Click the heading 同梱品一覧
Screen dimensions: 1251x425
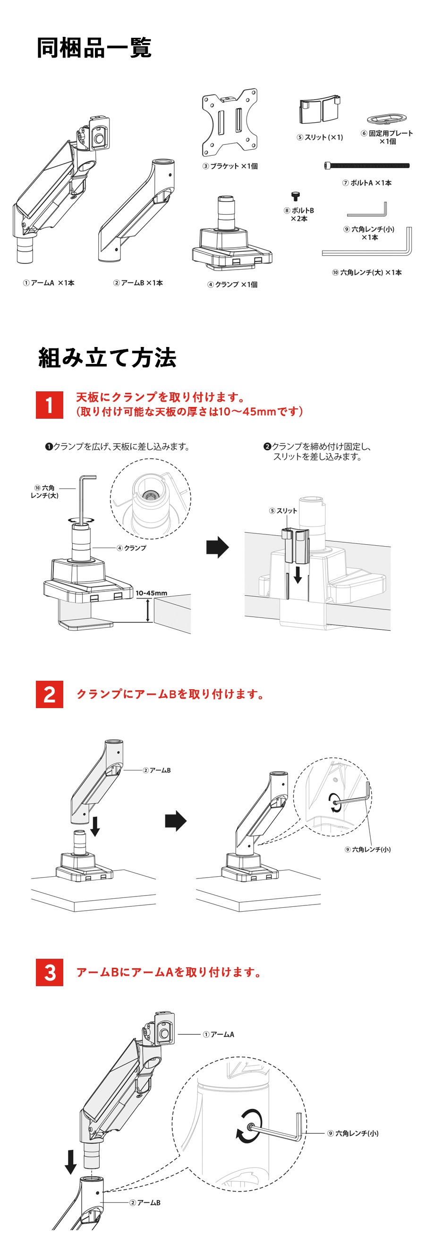tap(94, 48)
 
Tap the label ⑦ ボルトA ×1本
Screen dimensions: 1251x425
tap(367, 183)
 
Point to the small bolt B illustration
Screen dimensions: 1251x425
tap(295, 196)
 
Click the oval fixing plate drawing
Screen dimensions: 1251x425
tap(387, 118)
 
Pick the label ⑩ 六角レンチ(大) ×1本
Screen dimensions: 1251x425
tap(367, 272)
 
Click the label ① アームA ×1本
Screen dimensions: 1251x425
tap(49, 283)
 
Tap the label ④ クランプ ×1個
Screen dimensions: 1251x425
tap(232, 285)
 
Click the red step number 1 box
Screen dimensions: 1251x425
tap(50, 405)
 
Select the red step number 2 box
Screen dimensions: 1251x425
tap(50, 694)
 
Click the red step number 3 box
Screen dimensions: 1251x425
tap(50, 972)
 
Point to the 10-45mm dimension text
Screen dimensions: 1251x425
tap(151, 593)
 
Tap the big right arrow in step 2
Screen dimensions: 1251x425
tap(175, 821)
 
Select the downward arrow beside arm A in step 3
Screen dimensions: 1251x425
tap(71, 1161)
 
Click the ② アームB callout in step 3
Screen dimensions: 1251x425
tap(145, 1202)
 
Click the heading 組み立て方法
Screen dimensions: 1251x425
tap(107, 358)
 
